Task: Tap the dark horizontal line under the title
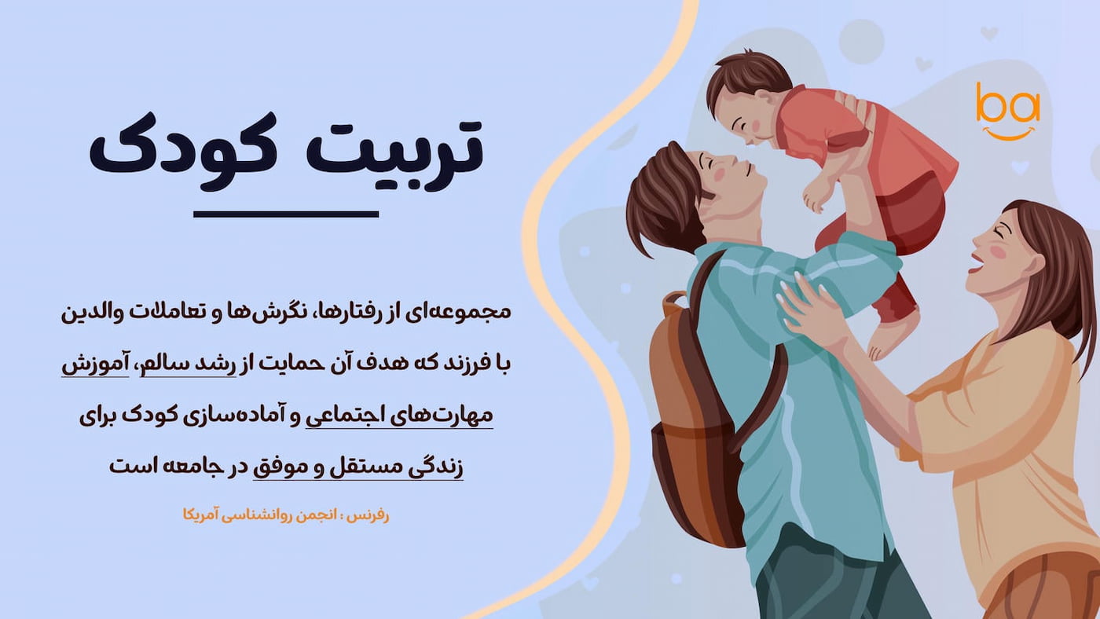[286, 214]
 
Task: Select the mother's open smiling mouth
[976, 262]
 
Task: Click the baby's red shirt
[833, 126]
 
